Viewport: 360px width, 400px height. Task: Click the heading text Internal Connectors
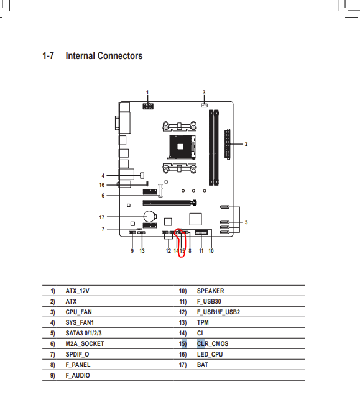104,56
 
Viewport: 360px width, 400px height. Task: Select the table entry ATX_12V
77,291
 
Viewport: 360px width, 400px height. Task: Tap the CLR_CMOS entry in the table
213,344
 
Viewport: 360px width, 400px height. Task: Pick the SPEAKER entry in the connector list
210,291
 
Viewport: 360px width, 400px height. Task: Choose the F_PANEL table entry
78,365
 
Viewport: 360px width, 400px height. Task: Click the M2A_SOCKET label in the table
85,344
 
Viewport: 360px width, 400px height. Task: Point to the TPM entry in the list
203,323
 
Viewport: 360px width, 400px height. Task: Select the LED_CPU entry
210,355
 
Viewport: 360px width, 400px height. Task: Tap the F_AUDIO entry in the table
78,376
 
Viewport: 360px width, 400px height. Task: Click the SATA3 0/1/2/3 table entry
83,333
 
